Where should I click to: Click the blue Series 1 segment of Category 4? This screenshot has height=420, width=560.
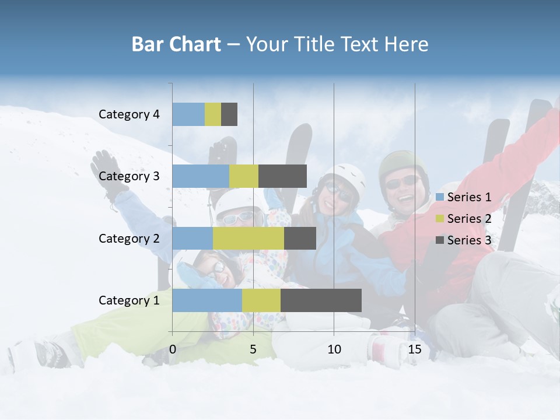click(x=188, y=114)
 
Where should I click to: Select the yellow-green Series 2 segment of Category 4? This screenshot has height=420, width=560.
click(x=213, y=114)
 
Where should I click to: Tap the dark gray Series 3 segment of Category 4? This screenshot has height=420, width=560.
click(x=229, y=114)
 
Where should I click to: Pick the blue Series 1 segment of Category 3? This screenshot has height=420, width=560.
click(x=201, y=176)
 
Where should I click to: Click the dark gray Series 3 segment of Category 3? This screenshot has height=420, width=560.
click(x=282, y=176)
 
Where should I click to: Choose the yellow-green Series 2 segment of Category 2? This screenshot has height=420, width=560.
click(x=249, y=238)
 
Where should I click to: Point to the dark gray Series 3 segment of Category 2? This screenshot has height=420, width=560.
click(x=300, y=238)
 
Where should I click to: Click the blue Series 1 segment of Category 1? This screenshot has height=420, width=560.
click(x=207, y=300)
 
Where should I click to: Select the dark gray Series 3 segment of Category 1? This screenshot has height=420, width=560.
click(x=321, y=300)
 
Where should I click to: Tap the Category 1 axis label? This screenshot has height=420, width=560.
click(x=129, y=300)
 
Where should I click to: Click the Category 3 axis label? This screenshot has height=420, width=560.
click(x=129, y=176)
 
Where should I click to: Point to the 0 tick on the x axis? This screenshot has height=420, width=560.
click(x=173, y=349)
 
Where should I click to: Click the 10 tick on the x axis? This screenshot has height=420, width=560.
click(x=334, y=349)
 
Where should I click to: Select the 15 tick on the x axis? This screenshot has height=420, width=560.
click(x=415, y=349)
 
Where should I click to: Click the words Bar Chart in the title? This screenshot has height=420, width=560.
click(x=176, y=44)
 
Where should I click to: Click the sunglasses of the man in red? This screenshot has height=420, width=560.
click(x=402, y=181)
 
